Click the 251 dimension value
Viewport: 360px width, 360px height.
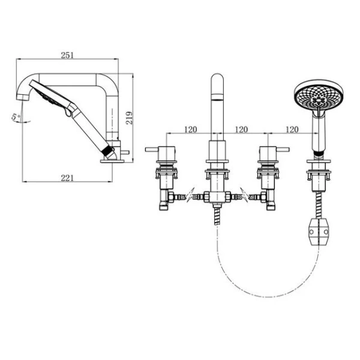pos(67,55)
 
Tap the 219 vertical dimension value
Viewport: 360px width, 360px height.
pos(129,118)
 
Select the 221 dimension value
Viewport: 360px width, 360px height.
pos(67,178)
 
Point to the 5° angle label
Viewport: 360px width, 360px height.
pos(16,117)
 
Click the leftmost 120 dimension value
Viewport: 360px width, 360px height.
pos(191,130)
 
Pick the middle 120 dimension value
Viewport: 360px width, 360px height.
pos(241,130)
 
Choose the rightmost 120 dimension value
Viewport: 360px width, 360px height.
pos(292,130)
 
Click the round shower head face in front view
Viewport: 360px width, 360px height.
pos(319,95)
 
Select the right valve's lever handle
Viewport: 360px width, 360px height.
pos(283,149)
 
